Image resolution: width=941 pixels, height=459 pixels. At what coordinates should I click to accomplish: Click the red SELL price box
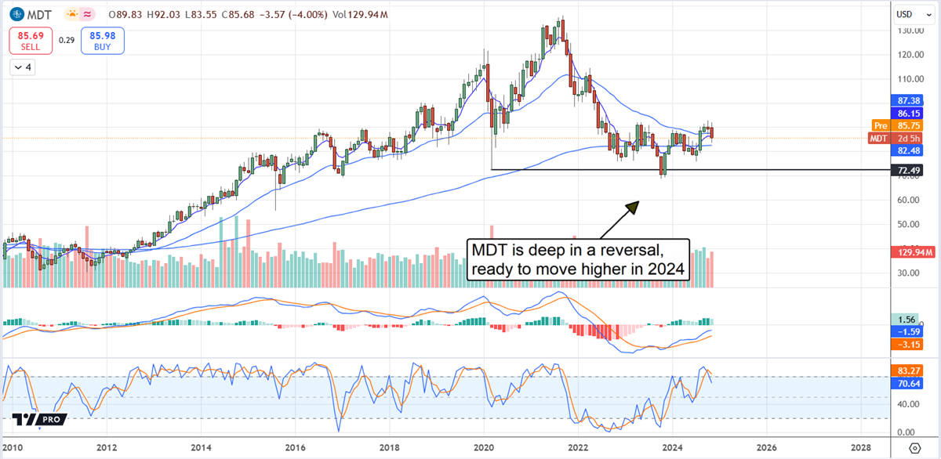pyautogui.click(x=32, y=42)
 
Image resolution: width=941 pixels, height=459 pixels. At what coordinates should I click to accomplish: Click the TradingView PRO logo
pyautogui.click(x=38, y=420)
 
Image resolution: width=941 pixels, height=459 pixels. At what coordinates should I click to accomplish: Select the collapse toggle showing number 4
pyautogui.click(x=23, y=67)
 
